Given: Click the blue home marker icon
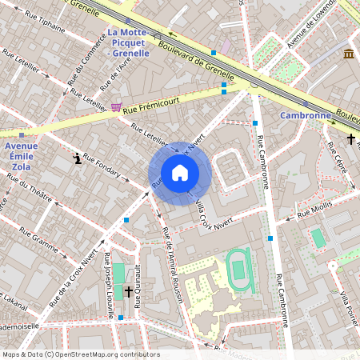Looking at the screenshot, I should coord(180,173).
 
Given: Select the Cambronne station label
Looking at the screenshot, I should coord(305,115).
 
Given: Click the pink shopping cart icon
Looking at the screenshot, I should coord(117,106).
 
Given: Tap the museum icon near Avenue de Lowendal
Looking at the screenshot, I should coord(349,53).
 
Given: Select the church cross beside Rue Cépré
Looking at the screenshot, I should coord(350,138).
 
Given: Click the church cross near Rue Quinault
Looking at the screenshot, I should coord(128,293).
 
